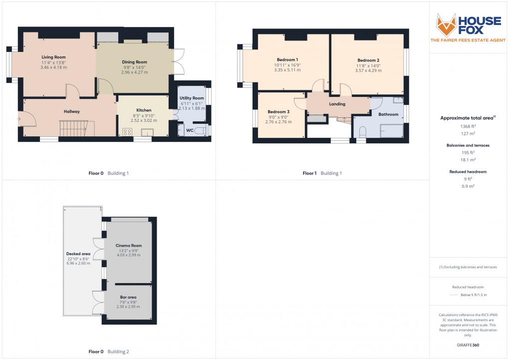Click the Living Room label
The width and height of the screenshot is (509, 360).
(53, 57)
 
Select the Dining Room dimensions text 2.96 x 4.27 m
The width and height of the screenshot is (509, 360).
(134, 72)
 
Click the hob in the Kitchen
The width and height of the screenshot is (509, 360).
(127, 132)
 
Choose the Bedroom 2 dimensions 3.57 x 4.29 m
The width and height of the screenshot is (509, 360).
(368, 71)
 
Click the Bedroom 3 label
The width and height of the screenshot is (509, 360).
(278, 112)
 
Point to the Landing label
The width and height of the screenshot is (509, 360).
(337, 104)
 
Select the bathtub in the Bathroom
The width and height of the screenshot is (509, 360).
(392, 131)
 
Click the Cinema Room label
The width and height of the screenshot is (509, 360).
(128, 246)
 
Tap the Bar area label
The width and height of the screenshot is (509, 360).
(128, 297)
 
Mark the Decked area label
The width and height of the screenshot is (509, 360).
(79, 254)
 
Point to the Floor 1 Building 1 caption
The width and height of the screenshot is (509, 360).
(322, 173)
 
